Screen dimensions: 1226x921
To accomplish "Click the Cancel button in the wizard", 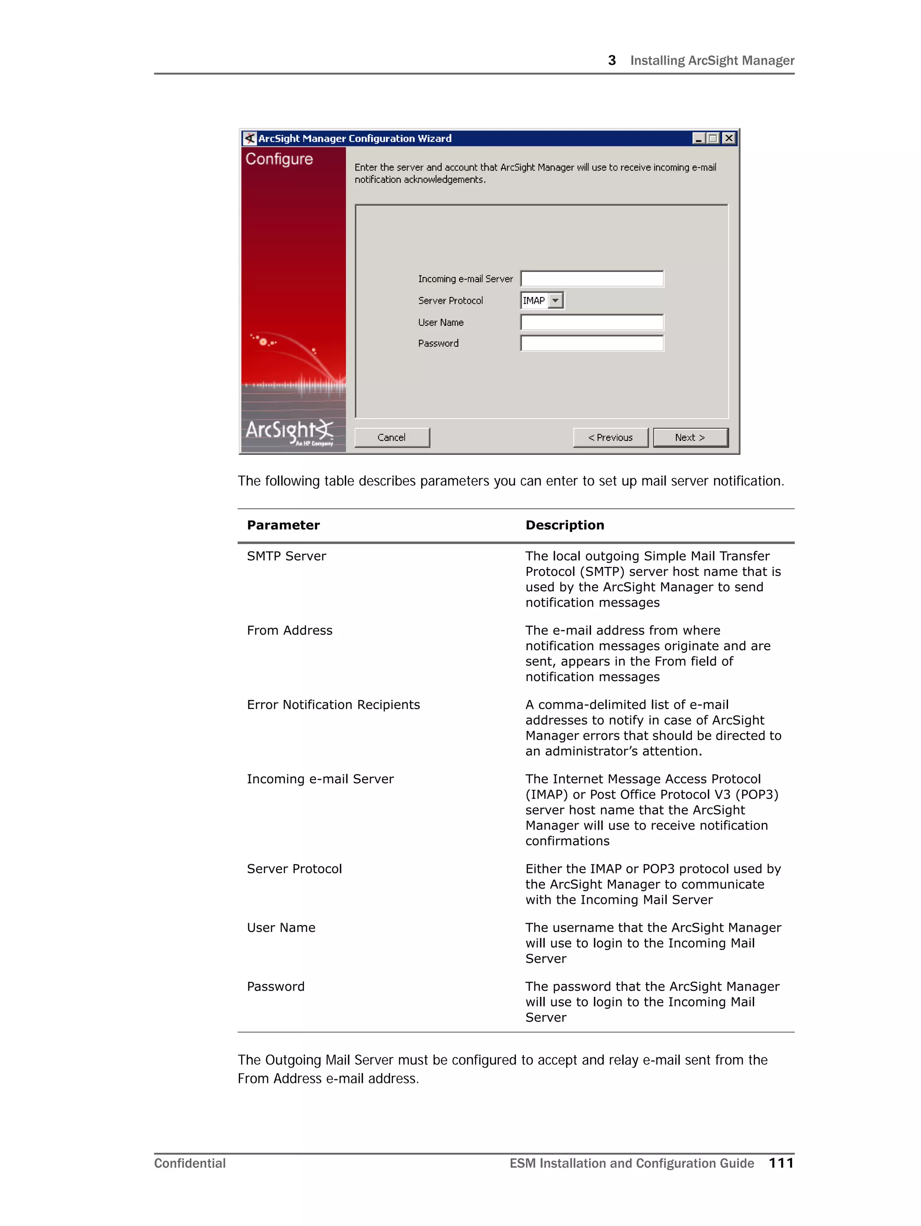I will tap(391, 437).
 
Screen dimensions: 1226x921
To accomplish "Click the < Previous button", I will tap(610, 437).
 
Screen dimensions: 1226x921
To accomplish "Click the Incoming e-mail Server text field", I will tap(592, 279).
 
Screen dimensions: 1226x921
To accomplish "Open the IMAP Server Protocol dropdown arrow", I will tap(555, 301).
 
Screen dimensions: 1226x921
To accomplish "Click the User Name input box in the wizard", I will tap(592, 322).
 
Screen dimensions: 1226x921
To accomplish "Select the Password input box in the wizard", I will tap(592, 343).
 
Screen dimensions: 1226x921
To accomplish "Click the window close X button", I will tap(729, 138).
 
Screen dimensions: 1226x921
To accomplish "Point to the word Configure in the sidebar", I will tap(279, 159).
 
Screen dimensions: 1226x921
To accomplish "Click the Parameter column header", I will tap(283, 525).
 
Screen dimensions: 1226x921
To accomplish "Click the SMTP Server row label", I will tap(286, 556).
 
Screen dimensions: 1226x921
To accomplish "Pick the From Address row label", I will tap(289, 630).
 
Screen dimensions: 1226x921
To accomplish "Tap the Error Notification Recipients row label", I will tap(333, 705).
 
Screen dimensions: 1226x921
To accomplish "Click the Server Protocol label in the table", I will tap(294, 868).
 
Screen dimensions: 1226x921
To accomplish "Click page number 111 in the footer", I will tap(781, 1163).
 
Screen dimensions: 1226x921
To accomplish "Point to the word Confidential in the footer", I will tap(189, 1163).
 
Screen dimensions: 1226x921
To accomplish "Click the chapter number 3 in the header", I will tap(612, 60).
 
